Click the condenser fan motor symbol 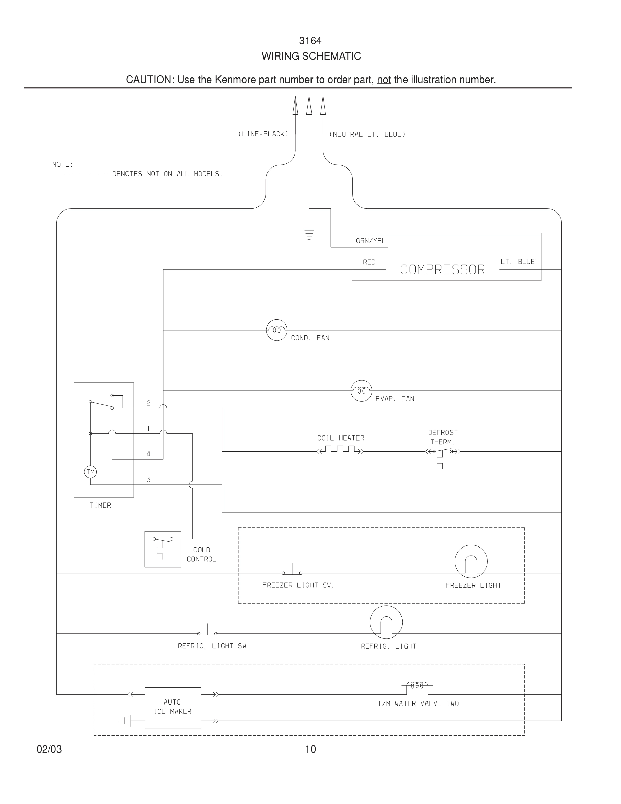click(x=276, y=330)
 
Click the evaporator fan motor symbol click(x=361, y=390)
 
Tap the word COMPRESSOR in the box click(x=442, y=270)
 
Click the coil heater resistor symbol click(x=340, y=449)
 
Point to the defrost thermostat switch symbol click(x=442, y=455)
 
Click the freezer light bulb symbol click(x=471, y=561)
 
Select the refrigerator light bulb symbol click(x=386, y=622)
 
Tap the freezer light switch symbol click(x=292, y=571)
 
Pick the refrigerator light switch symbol click(x=207, y=631)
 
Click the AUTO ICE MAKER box click(x=172, y=707)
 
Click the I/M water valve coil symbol click(x=417, y=686)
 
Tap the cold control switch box click(x=163, y=549)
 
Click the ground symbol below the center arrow click(x=309, y=234)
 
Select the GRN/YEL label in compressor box click(x=370, y=241)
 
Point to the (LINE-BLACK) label click(x=263, y=134)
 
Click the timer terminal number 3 click(x=148, y=479)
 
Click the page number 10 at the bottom click(x=310, y=749)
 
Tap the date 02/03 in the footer click(x=49, y=749)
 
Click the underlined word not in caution click(x=384, y=80)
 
